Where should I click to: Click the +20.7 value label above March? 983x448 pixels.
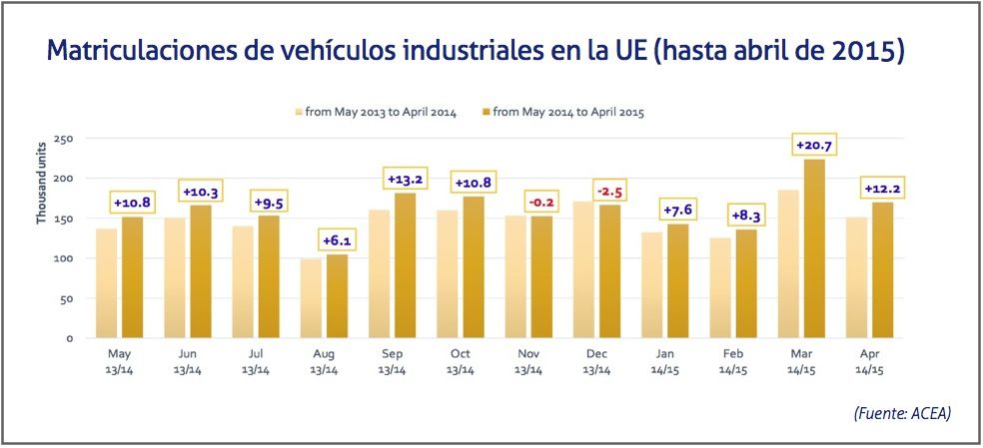click(x=814, y=145)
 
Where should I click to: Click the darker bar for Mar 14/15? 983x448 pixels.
click(x=814, y=248)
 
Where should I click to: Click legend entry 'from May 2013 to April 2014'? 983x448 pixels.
click(x=375, y=112)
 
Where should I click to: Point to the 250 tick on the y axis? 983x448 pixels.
click(x=64, y=139)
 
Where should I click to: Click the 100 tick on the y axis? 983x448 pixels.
click(x=64, y=258)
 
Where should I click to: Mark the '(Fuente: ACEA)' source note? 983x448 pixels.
click(x=900, y=412)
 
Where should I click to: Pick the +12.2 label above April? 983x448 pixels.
click(x=883, y=190)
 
